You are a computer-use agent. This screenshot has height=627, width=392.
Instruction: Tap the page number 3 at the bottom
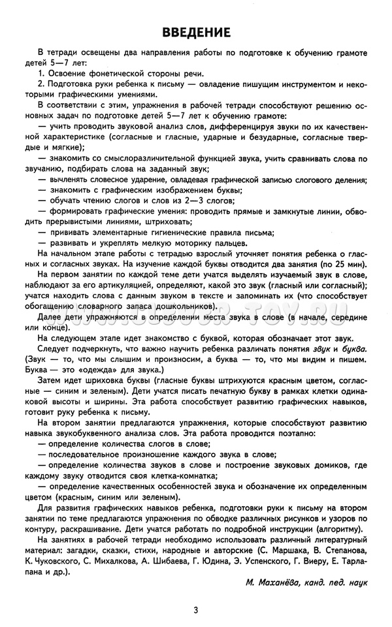point(196,610)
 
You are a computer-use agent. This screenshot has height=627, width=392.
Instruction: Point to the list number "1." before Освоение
point(41,73)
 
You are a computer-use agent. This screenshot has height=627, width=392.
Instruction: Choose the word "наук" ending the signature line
point(358,581)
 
